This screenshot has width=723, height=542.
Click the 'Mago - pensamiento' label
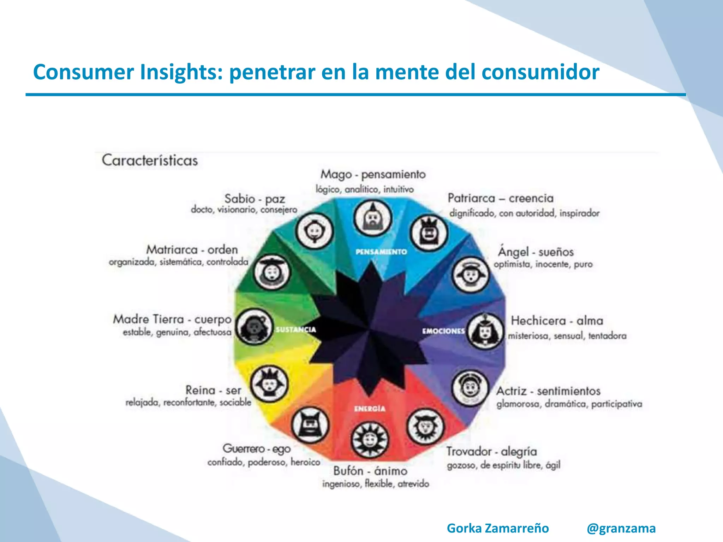coord(373,174)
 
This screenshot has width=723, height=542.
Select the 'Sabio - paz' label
coord(255,199)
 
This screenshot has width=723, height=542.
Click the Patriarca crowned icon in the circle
coord(429,232)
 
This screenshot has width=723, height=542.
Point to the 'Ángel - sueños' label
coord(536,252)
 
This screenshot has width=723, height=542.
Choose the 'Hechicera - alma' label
coord(557,320)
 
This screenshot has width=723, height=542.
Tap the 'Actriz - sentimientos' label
coord(548,391)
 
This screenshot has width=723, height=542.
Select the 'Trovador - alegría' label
coord(491,451)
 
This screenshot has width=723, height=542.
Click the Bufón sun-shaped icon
coord(370,440)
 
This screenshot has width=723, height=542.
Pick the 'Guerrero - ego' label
coord(257,448)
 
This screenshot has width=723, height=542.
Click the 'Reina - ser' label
coord(213,390)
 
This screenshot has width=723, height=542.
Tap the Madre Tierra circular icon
coord(254,327)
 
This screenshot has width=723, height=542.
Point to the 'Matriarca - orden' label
coord(192,249)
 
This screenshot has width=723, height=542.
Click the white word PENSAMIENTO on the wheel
coord(381,252)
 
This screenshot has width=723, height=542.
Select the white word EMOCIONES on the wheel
coord(443,331)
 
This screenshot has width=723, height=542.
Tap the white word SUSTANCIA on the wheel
coord(296,330)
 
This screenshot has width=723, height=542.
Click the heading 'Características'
coord(150,161)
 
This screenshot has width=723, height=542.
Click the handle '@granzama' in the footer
coord(621,528)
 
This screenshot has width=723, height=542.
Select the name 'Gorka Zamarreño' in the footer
coord(498,528)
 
